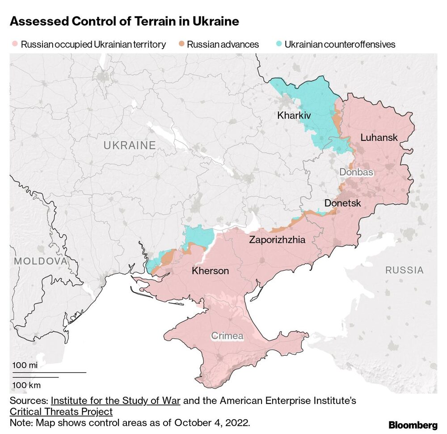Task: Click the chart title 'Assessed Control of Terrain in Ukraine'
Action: [x=124, y=21]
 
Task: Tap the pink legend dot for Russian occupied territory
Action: [x=15, y=44]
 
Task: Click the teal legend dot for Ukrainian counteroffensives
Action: [x=278, y=44]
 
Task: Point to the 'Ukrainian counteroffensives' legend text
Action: [x=340, y=44]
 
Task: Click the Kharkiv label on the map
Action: [x=294, y=115]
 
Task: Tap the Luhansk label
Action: [x=379, y=138]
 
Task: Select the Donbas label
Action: [x=356, y=172]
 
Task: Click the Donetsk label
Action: [x=342, y=203]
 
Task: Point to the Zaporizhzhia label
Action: [x=277, y=240]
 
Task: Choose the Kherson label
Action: [x=210, y=271]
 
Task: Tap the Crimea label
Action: [x=227, y=336]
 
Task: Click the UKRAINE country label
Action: [x=130, y=145]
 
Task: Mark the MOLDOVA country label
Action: [x=40, y=261]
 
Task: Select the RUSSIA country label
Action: [x=404, y=270]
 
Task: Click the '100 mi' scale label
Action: [x=25, y=366]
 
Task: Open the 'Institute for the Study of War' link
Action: [x=116, y=400]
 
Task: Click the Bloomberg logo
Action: [x=413, y=425]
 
